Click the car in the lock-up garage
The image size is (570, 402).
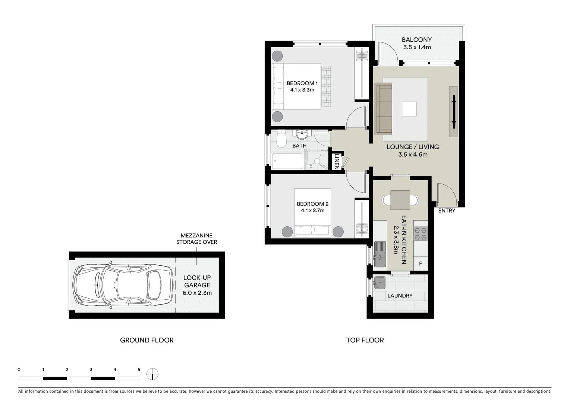(123, 285)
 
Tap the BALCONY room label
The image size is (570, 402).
(417, 40)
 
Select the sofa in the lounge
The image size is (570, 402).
(384, 109)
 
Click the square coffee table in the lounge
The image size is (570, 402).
(409, 109)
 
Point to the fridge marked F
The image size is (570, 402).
(421, 264)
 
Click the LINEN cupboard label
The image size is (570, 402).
(336, 162)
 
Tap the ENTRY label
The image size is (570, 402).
(447, 211)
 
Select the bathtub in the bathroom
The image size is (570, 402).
(287, 162)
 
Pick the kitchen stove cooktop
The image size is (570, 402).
(420, 233)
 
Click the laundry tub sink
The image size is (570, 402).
(380, 283)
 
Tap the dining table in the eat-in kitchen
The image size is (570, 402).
(400, 200)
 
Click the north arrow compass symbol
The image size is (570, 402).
(152, 374)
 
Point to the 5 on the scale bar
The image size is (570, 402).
(139, 370)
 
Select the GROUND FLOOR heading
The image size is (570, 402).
(147, 340)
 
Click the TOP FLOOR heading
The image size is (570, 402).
(365, 340)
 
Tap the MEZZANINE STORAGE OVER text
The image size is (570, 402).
(196, 239)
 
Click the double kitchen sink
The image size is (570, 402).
(380, 254)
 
